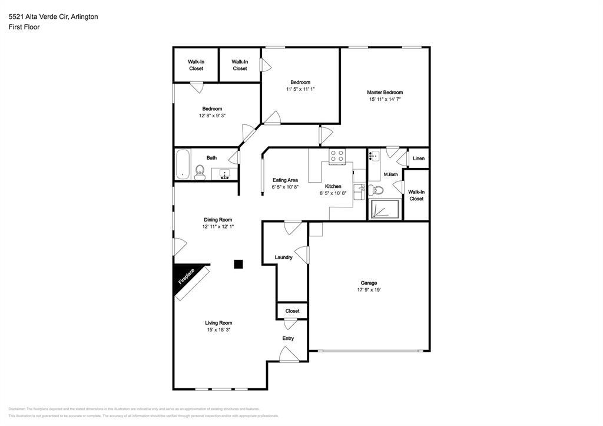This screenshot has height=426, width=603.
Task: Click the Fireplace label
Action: (187, 276)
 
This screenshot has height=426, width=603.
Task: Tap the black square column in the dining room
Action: (238, 264)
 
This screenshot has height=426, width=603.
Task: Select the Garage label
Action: (369, 283)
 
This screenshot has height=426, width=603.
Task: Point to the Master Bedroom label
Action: (385, 93)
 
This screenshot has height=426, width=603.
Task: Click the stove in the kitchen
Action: (337, 156)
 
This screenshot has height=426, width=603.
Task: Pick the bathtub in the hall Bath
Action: (183, 164)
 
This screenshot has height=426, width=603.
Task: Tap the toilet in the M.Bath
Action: (377, 190)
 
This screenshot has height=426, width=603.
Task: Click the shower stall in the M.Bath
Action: (385, 209)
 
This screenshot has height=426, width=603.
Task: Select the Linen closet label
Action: (419, 158)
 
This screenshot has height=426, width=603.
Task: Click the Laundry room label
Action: (284, 257)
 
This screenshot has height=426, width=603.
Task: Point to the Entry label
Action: (288, 338)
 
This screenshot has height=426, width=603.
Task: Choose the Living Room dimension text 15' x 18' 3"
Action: (218, 330)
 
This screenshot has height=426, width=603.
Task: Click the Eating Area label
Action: (285, 180)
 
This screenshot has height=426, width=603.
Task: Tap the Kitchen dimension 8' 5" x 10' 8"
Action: (333, 193)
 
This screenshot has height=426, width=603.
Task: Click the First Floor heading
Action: (24, 27)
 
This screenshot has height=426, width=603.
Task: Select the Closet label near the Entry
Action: (292, 311)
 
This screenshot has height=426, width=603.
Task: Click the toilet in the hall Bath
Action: (200, 172)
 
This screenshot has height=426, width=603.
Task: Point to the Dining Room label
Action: (218, 220)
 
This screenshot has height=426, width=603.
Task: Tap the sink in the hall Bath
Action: (224, 174)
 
